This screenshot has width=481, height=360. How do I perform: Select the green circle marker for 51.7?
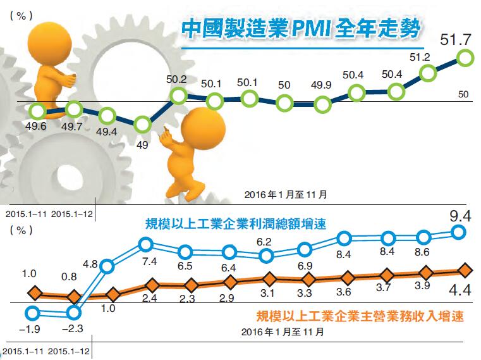click(x=465, y=59)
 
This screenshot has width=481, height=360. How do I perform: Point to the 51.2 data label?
click(x=420, y=57)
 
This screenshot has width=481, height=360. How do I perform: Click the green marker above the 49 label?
click(x=142, y=124)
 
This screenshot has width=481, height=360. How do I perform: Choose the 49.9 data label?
click(x=322, y=85)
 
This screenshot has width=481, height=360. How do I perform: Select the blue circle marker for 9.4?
click(x=461, y=233)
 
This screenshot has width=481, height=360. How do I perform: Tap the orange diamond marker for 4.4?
click(x=465, y=270)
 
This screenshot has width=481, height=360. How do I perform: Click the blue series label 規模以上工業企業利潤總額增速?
click(x=235, y=224)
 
